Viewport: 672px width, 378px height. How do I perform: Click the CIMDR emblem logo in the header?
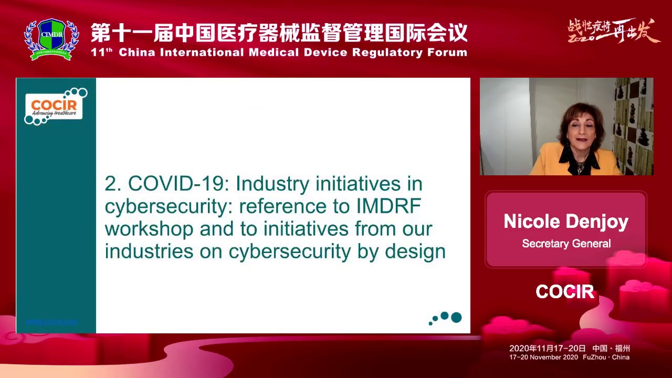51,39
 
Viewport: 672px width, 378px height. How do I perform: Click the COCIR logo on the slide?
54,106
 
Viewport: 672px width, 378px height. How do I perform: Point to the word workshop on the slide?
149,229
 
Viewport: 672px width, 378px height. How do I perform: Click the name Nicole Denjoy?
566,222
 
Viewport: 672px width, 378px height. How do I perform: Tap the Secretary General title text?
566,244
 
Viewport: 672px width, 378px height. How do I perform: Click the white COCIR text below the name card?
565,292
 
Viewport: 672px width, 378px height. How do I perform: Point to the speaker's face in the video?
576,133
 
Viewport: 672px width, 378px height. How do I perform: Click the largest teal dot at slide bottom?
456,317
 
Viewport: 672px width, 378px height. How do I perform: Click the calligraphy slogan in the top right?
613,31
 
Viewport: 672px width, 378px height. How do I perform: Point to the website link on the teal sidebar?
51,321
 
